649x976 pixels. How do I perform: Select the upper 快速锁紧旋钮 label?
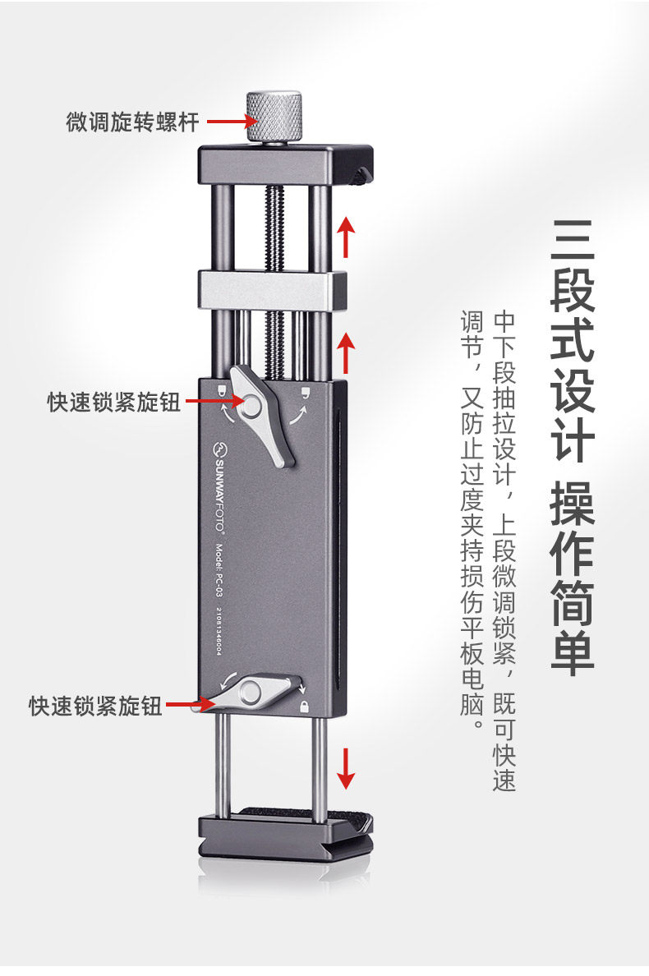coord(114,403)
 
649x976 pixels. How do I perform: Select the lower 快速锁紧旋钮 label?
coord(96,706)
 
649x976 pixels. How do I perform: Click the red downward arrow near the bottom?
coord(347,767)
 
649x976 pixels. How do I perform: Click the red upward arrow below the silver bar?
coord(347,352)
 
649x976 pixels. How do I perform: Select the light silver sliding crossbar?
coord(265,290)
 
